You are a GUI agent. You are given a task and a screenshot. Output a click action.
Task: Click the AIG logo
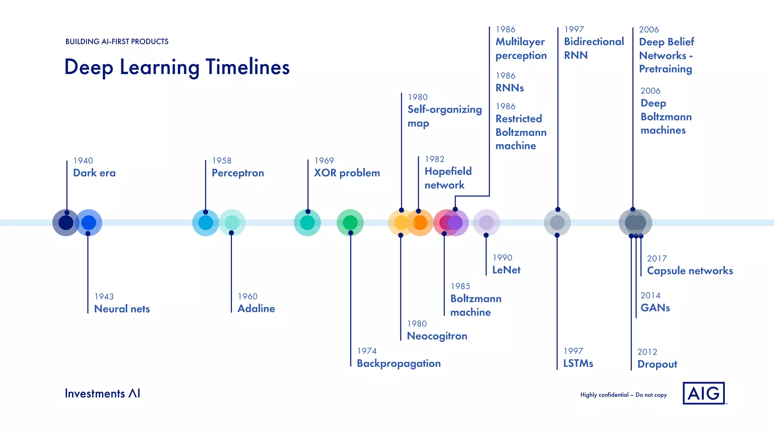[x=704, y=393]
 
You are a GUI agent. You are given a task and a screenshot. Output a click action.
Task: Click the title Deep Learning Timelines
[x=177, y=67]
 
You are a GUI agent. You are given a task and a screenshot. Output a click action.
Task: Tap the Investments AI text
[x=102, y=393]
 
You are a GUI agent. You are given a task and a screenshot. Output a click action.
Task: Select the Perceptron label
[x=238, y=173]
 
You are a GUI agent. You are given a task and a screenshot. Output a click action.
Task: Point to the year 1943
[x=104, y=296]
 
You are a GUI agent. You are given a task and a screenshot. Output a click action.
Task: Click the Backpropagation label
[x=399, y=363]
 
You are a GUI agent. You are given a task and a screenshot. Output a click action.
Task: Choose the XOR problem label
[x=347, y=173]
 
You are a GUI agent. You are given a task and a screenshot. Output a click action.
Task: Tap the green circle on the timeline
[x=350, y=222]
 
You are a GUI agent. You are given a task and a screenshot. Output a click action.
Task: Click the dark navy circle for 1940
[x=66, y=223]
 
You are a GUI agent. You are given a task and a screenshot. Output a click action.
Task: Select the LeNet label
[x=506, y=270]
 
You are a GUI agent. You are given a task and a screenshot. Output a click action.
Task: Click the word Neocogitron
[x=437, y=336]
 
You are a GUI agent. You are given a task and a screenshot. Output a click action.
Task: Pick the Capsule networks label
[x=690, y=271]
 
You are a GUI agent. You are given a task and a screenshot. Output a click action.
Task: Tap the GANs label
[x=655, y=308]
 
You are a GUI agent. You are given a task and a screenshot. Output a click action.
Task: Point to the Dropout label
[x=657, y=364]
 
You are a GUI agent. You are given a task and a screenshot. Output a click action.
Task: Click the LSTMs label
[x=578, y=363]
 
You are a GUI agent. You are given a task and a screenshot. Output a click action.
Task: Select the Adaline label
[x=256, y=309]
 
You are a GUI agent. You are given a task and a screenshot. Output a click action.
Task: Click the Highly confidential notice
[x=623, y=395]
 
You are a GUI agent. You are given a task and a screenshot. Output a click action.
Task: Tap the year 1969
[x=324, y=160]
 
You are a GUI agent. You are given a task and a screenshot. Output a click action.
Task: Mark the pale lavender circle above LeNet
[x=486, y=222]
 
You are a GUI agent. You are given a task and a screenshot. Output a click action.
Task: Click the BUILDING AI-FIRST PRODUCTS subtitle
[x=117, y=42]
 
